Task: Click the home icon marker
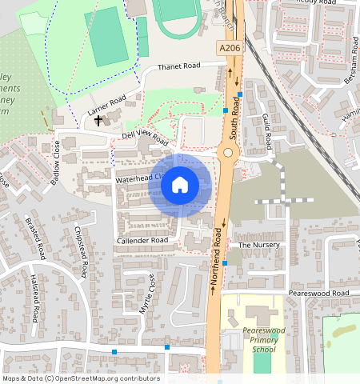tap(180, 186)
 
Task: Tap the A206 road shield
tap(229, 50)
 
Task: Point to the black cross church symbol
tap(98, 121)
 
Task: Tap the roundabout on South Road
tap(228, 152)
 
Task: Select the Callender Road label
tap(142, 240)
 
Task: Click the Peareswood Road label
tap(320, 294)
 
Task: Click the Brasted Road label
tap(35, 238)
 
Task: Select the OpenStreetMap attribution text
tap(81, 378)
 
